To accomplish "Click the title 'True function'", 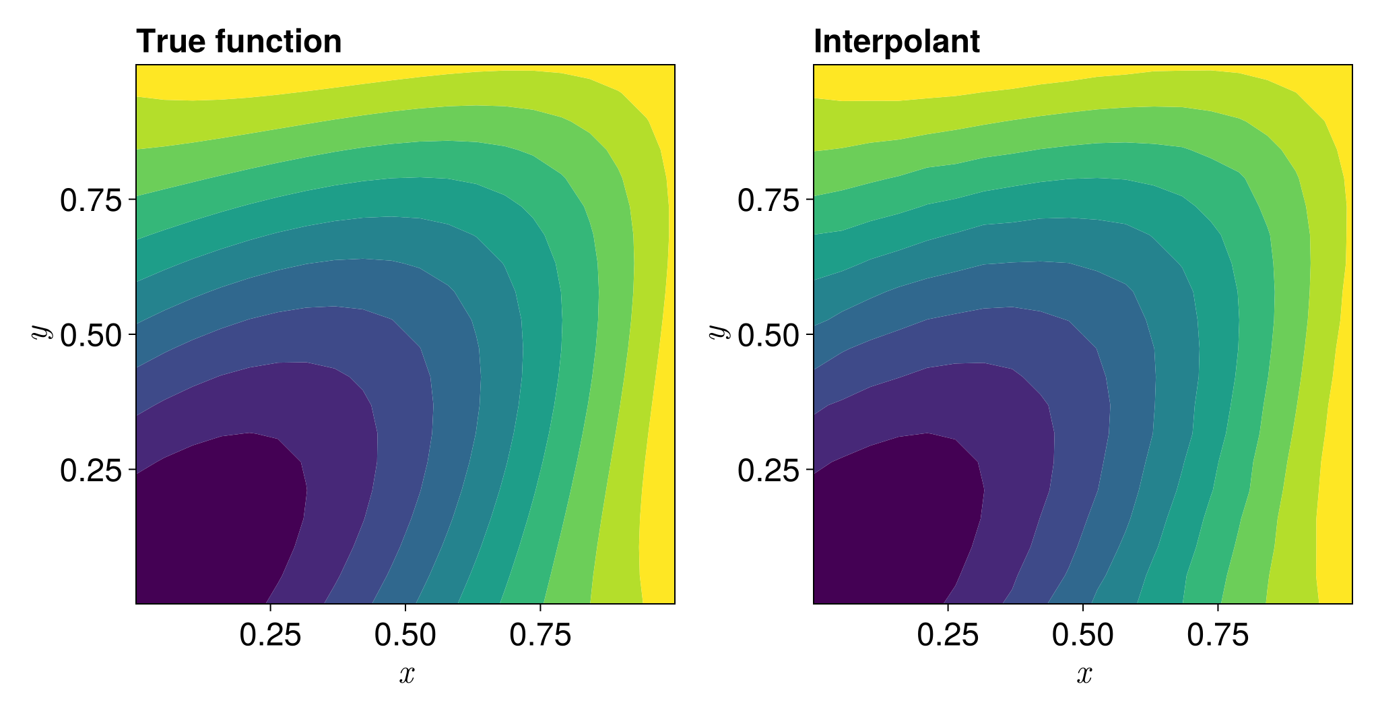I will tap(238, 42).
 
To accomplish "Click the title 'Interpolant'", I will tap(896, 42).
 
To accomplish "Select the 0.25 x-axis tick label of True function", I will tap(270, 636).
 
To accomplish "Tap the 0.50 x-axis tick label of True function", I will tap(405, 636).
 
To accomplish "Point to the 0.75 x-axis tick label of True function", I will tap(540, 636).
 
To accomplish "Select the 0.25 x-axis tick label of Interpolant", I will tap(948, 636).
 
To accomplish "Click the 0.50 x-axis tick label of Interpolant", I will tap(1082, 636).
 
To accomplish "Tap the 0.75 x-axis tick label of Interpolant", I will tap(1218, 636).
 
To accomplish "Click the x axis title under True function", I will tap(406, 675).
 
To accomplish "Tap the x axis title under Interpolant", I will tap(1084, 675).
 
